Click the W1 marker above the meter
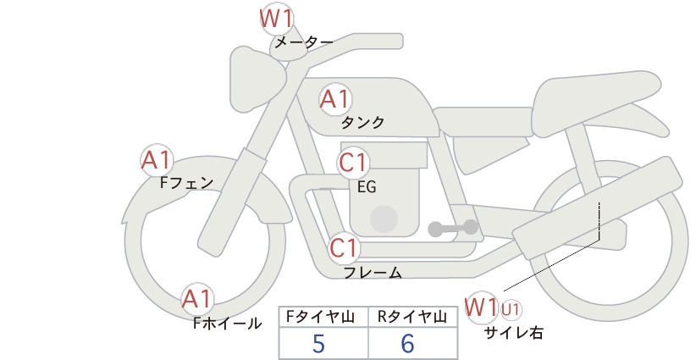276,19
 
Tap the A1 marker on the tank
335,99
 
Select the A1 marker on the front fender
157,160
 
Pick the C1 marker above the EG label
353,163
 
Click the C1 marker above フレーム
345,247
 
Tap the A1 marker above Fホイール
197,299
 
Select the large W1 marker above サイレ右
481,307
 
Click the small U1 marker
511,309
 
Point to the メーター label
304,42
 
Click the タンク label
362,122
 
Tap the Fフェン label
187,182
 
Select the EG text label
367,187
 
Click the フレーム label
373,273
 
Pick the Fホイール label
228,324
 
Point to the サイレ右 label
514,332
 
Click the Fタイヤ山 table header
320,317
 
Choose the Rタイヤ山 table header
412,317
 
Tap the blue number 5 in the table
318,344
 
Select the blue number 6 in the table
407,344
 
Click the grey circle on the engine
384,219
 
